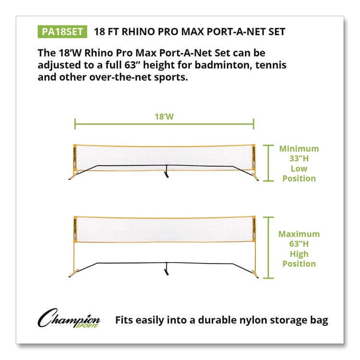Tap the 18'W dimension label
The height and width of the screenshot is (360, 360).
click(x=164, y=115)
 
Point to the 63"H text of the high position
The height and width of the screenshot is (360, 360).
click(x=299, y=244)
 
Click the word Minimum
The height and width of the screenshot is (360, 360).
click(x=299, y=148)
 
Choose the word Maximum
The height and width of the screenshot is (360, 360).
click(x=299, y=234)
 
